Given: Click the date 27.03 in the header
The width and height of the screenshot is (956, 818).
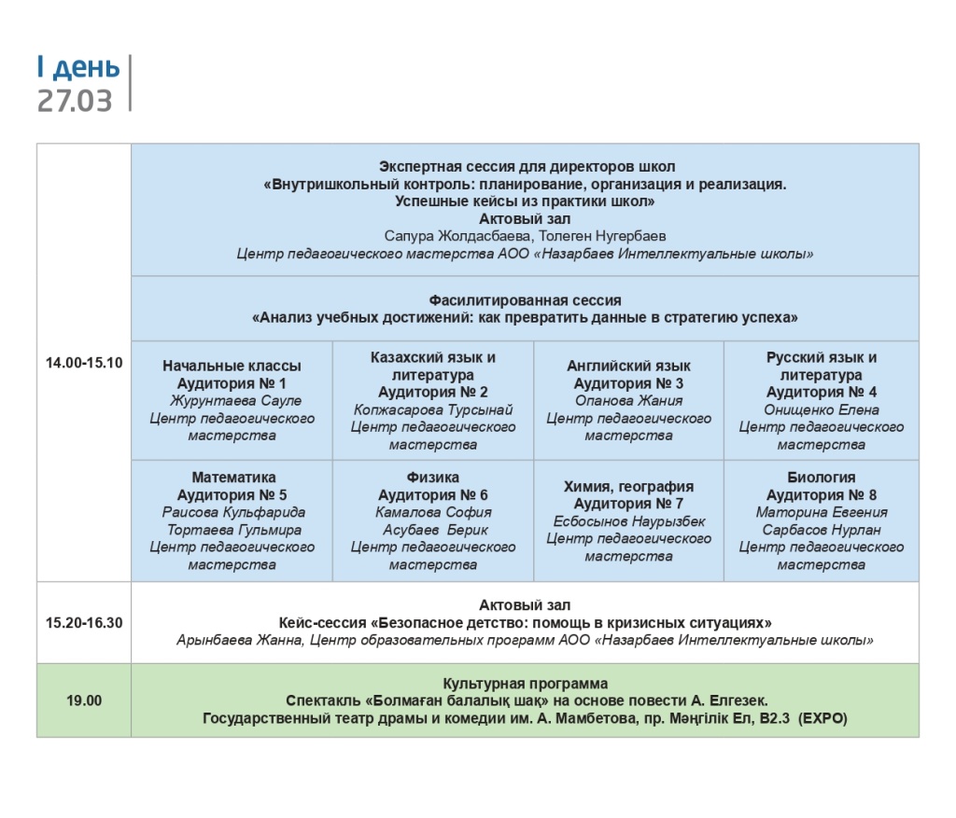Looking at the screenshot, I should pyautogui.click(x=75, y=100).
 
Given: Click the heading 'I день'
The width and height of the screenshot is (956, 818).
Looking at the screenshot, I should pyautogui.click(x=78, y=67).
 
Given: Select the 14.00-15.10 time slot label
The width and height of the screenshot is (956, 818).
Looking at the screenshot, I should pyautogui.click(x=84, y=363).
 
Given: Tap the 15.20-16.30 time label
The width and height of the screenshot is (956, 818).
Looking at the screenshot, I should pyautogui.click(x=84, y=622).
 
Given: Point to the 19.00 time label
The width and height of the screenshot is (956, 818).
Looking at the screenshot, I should pyautogui.click(x=84, y=700).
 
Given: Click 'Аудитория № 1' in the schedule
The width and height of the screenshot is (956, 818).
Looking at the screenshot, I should pyautogui.click(x=232, y=383).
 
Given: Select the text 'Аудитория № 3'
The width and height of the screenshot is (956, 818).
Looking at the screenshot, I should pyautogui.click(x=628, y=383).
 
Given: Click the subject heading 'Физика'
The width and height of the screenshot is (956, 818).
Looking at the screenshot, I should pyautogui.click(x=432, y=478).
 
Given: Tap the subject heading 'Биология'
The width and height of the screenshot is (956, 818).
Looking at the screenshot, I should pyautogui.click(x=821, y=478).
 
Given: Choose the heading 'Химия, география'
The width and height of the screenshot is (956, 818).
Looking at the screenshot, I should pyautogui.click(x=628, y=486).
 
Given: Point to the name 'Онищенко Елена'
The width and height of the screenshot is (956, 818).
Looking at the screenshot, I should pyautogui.click(x=821, y=409).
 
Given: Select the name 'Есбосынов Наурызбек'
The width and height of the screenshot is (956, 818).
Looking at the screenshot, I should pyautogui.click(x=628, y=521).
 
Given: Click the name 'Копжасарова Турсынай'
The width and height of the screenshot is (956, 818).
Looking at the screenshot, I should pyautogui.click(x=432, y=409).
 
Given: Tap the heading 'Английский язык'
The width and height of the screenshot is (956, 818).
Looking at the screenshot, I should pyautogui.click(x=628, y=366).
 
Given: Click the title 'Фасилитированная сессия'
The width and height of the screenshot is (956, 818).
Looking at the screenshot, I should pyautogui.click(x=525, y=300).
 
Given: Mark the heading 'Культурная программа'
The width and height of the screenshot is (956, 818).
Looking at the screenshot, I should pyautogui.click(x=525, y=684).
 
